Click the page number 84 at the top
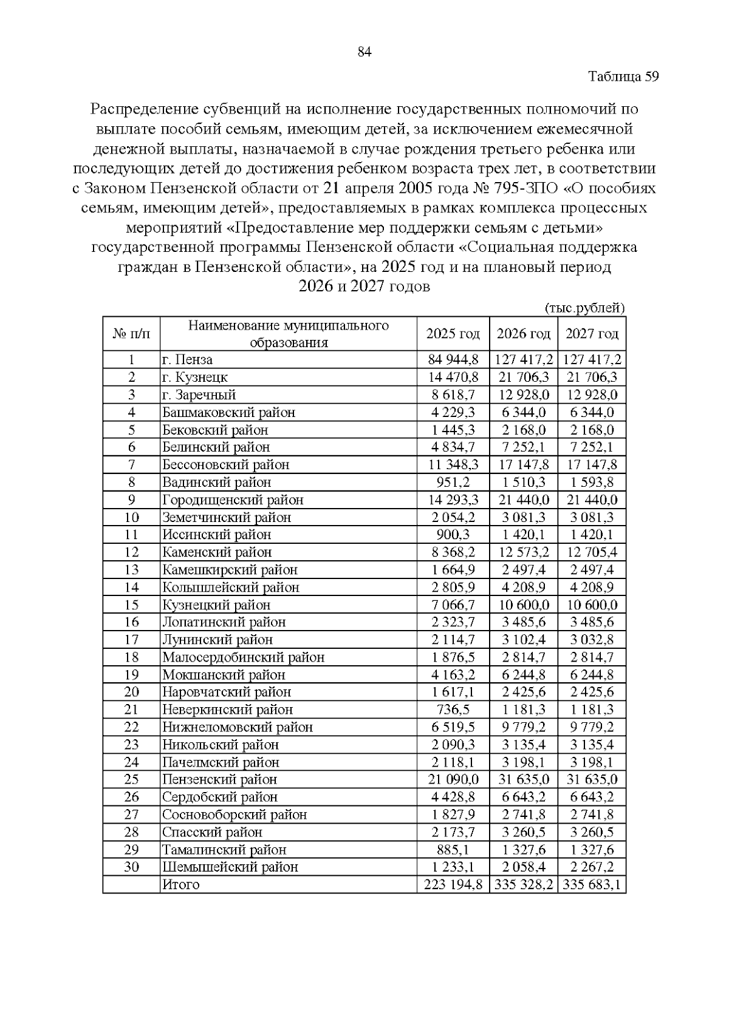(364, 52)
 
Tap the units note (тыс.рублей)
(584, 308)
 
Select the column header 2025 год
(453, 334)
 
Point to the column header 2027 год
(592, 334)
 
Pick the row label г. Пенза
(187, 360)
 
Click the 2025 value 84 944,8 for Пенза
(453, 360)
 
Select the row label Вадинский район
(216, 483)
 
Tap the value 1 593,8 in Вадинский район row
(592, 483)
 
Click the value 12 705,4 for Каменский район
(592, 552)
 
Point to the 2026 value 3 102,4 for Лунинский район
(523, 640)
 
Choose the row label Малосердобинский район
(243, 657)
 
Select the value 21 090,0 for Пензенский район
(453, 779)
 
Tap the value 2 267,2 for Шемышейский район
(592, 867)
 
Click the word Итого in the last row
(180, 884)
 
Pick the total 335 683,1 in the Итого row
(592, 884)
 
